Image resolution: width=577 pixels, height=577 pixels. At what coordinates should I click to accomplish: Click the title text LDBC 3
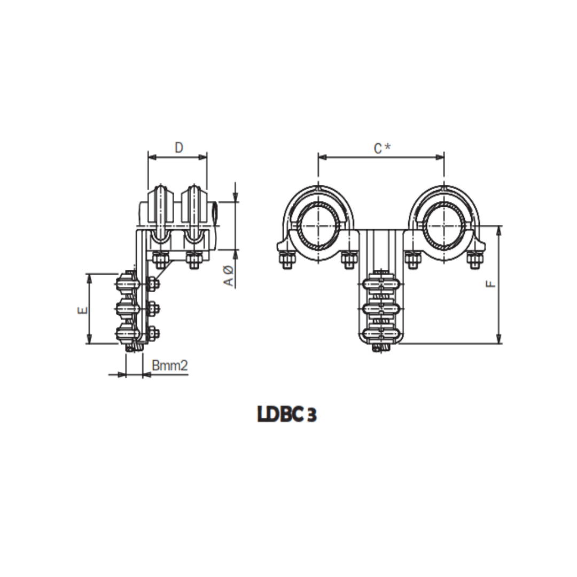[287, 415]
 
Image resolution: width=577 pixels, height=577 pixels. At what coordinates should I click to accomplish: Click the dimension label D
[179, 147]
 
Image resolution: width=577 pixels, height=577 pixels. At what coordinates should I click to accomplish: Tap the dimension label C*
[381, 148]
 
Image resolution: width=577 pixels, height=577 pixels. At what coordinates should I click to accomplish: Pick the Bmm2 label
[170, 365]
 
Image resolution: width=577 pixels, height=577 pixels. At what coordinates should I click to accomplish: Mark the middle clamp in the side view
[127, 308]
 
